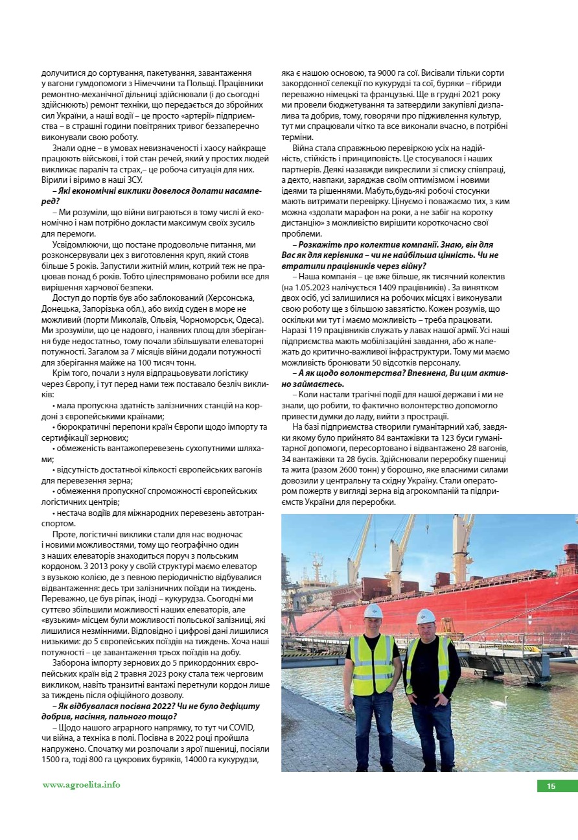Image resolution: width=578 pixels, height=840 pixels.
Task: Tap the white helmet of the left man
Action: tap(373, 611)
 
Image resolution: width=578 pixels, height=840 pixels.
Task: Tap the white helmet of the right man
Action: tap(426, 616)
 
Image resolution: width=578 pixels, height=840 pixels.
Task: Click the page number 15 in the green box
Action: tap(551, 786)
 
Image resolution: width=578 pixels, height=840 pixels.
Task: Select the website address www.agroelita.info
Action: tap(81, 785)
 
